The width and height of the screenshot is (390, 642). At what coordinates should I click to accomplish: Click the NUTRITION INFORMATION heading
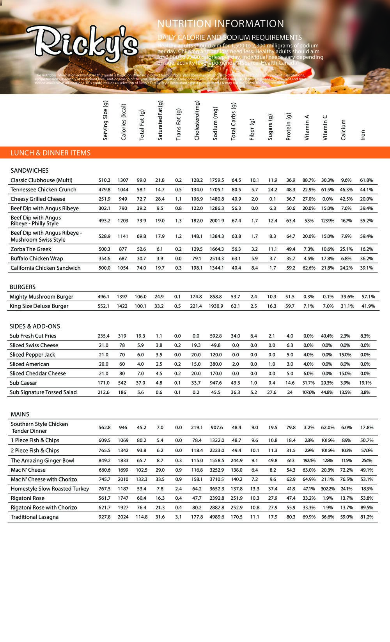coord(221,24)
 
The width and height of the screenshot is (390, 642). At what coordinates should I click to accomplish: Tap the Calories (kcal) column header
coord(124,122)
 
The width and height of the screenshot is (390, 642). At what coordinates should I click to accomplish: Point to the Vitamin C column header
coord(325,127)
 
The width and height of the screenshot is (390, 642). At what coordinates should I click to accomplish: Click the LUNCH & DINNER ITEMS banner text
coord(50,153)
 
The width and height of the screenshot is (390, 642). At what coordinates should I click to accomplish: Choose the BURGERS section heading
coord(23,287)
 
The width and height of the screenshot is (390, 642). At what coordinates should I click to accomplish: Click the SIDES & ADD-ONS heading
coord(35,326)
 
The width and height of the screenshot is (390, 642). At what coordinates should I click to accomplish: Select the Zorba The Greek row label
coord(31,249)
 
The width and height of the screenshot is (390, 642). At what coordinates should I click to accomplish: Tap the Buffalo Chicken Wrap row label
coord(37,258)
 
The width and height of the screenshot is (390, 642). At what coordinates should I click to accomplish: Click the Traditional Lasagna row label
coord(35,517)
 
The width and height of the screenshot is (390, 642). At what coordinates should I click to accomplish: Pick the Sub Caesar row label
coord(23,383)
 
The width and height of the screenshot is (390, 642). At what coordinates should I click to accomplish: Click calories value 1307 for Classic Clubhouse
coord(123,180)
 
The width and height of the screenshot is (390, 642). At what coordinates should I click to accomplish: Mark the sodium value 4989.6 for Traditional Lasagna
coord(217,517)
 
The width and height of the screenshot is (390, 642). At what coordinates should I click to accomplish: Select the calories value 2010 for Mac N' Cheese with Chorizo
coord(123,479)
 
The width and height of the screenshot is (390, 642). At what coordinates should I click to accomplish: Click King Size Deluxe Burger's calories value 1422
coord(122,306)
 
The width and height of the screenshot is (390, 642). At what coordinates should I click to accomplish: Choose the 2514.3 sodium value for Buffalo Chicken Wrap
coord(217,258)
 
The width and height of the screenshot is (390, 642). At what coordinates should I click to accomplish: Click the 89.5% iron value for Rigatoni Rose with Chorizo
coord(367,508)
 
